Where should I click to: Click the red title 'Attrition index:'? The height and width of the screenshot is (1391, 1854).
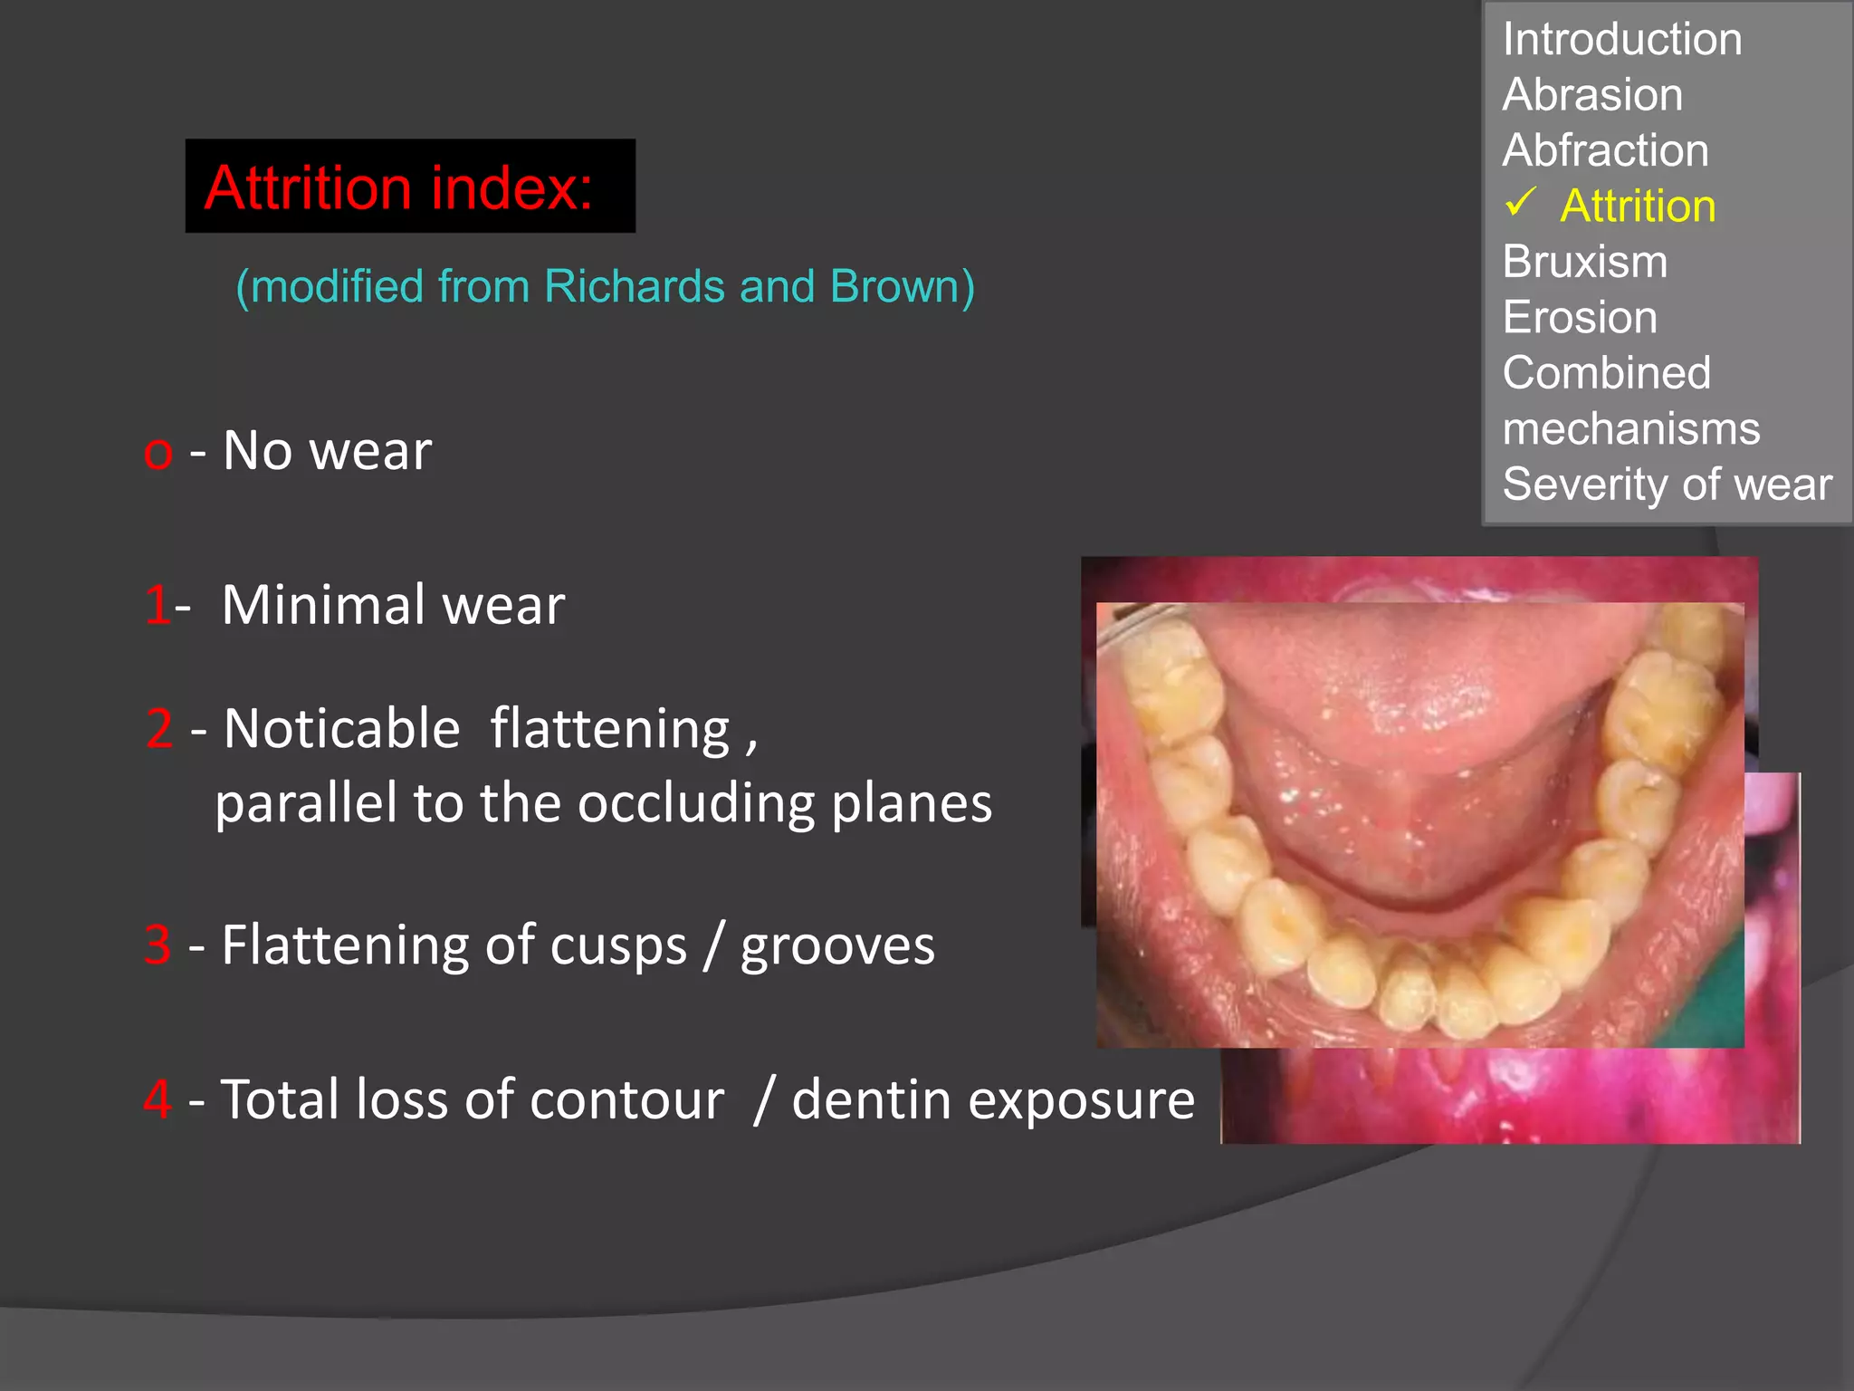click(x=398, y=187)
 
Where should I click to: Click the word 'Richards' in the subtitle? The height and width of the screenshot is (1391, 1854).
click(x=634, y=287)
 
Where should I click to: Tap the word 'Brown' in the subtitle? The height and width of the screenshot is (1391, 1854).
click(x=894, y=287)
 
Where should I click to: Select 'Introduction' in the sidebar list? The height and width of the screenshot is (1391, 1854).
click(x=1621, y=39)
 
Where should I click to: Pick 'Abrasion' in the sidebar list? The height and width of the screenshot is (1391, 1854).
click(x=1592, y=95)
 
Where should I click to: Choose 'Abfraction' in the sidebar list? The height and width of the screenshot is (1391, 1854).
click(x=1605, y=150)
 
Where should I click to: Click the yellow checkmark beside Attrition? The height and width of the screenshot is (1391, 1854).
click(x=1521, y=202)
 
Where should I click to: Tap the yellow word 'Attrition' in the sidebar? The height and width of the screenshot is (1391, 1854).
click(x=1638, y=206)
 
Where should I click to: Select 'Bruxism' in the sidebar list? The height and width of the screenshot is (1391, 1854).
click(x=1584, y=262)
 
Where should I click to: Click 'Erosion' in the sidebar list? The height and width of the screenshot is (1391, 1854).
click(x=1580, y=318)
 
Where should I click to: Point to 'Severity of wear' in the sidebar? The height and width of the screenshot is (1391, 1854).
click(x=1667, y=484)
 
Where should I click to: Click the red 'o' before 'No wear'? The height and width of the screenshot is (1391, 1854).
click(x=158, y=452)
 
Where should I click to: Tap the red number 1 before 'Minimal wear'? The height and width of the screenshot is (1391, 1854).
click(x=156, y=605)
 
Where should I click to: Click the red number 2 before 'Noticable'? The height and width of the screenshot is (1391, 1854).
click(x=159, y=728)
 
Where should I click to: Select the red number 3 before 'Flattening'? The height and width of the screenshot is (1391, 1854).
click(x=158, y=945)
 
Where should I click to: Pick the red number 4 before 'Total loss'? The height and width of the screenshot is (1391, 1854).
click(x=158, y=1099)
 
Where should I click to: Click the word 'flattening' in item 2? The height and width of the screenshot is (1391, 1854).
click(x=609, y=730)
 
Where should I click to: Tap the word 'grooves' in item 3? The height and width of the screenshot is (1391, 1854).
click(x=837, y=946)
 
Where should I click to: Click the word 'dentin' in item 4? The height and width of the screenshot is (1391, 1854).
click(x=871, y=1100)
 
